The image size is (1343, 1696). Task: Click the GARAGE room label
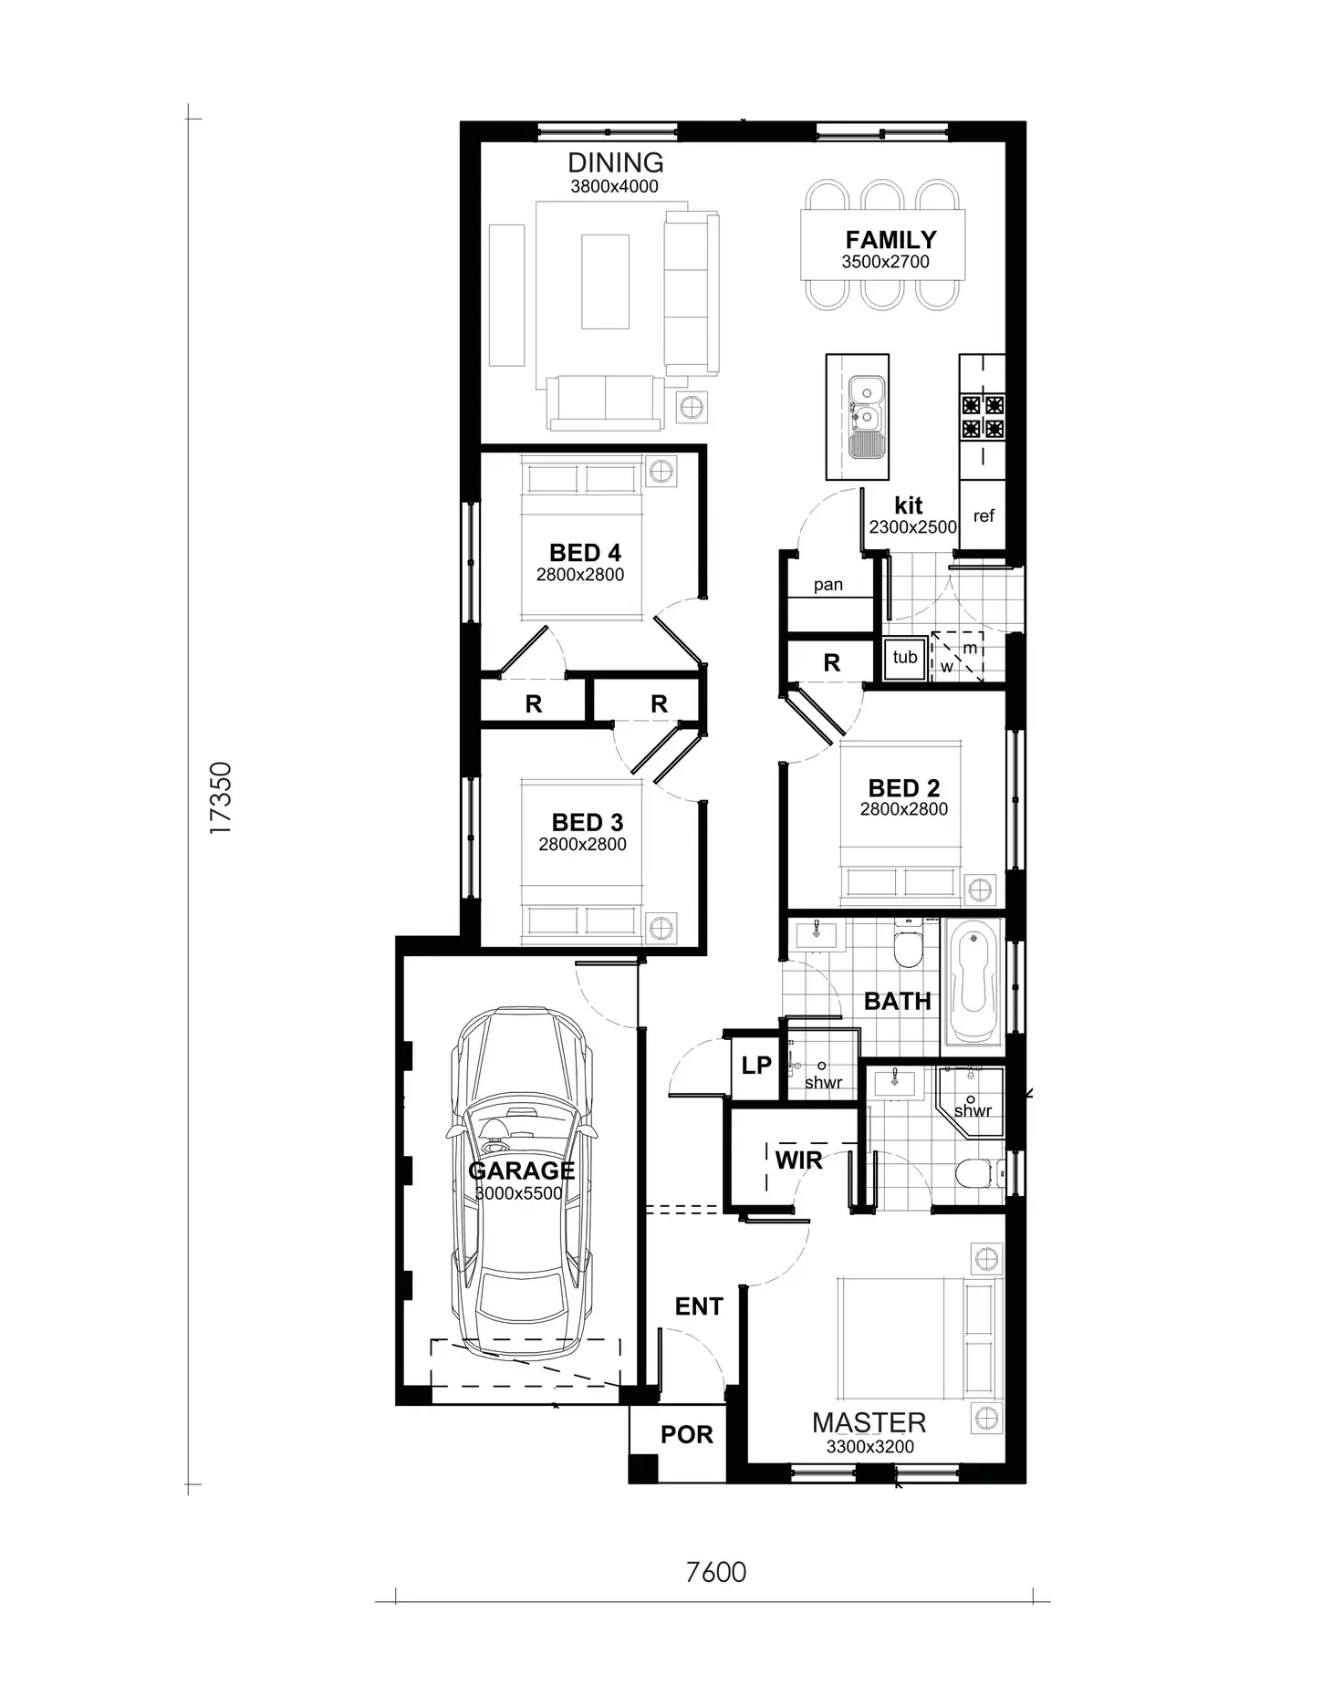pyautogui.click(x=521, y=1171)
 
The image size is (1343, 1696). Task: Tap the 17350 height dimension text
pyautogui.click(x=221, y=797)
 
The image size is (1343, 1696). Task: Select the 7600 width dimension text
pyautogui.click(x=715, y=1572)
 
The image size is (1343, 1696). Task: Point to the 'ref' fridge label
pyautogui.click(x=983, y=516)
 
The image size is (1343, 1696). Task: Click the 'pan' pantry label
pyautogui.click(x=828, y=585)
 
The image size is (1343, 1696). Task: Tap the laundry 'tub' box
pyautogui.click(x=904, y=657)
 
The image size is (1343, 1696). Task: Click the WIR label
pyautogui.click(x=798, y=1160)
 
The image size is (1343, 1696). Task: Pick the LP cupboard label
pyautogui.click(x=755, y=1065)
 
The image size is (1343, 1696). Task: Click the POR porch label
pyautogui.click(x=686, y=1435)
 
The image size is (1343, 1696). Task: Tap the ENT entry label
pyautogui.click(x=698, y=1306)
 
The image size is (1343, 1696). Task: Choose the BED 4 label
pyautogui.click(x=585, y=553)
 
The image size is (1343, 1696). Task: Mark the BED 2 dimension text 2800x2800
pyautogui.click(x=903, y=809)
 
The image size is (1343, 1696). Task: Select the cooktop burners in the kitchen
pyautogui.click(x=982, y=416)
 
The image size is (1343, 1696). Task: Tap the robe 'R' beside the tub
pyautogui.click(x=831, y=663)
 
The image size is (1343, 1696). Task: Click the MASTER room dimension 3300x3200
pyautogui.click(x=869, y=1447)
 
